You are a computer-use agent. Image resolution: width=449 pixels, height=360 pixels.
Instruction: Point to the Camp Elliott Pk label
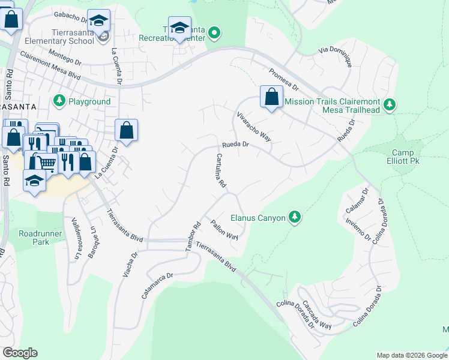coord(408,157)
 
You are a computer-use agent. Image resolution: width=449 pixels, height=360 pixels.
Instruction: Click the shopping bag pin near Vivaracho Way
coord(271,97)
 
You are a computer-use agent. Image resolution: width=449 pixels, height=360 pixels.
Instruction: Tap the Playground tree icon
coord(59,101)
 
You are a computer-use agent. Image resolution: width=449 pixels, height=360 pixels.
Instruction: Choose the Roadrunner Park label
coord(34,238)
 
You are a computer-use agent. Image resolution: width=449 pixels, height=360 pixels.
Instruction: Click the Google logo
coord(20,353)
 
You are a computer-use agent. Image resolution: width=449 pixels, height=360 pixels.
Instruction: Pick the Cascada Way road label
coord(316,315)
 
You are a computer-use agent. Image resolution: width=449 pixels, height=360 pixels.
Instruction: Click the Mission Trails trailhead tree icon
coord(390,106)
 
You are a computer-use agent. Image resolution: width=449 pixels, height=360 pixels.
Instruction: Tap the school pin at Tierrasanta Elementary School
coord(98,23)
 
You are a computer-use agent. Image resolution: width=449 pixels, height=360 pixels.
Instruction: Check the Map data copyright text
coord(412,355)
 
